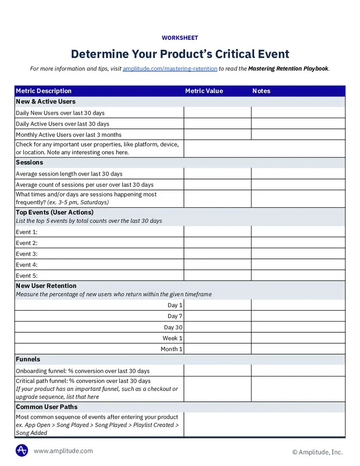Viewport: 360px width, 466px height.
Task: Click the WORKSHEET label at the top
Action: click(180, 38)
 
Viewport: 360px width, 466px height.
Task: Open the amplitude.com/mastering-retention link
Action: click(170, 69)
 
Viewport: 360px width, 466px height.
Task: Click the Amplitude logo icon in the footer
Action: click(22, 450)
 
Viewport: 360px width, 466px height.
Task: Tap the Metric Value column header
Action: click(204, 91)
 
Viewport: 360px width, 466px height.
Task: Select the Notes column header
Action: click(261, 91)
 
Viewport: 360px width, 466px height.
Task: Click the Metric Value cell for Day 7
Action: click(217, 316)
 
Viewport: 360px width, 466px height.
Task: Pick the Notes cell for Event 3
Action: click(298, 254)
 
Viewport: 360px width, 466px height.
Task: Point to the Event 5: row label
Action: click(27, 276)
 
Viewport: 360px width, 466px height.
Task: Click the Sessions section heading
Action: click(29, 162)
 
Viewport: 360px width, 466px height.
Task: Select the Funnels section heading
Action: click(28, 359)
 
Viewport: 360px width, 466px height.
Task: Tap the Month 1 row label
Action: click(172, 349)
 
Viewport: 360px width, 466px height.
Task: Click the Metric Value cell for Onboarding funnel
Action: click(217, 371)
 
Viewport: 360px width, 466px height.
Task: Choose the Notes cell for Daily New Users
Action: click(298, 113)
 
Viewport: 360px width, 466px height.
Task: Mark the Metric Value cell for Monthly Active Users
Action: click(217, 135)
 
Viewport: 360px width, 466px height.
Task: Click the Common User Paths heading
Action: click(47, 407)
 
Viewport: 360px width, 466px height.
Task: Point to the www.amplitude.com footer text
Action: click(63, 451)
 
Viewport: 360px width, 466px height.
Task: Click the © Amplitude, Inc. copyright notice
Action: click(317, 452)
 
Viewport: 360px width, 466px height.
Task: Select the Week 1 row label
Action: click(173, 338)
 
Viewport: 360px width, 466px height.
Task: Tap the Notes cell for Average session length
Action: click(298, 174)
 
